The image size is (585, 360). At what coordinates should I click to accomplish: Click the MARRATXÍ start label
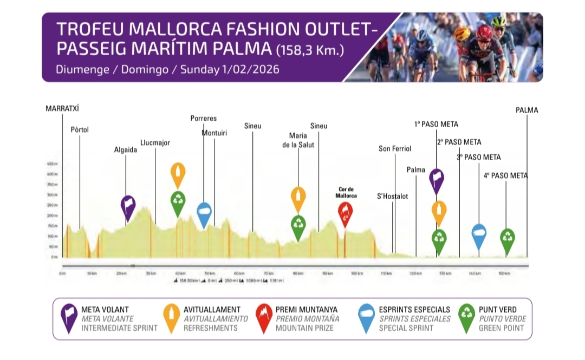point(63,108)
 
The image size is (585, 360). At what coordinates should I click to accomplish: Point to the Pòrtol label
point(80,130)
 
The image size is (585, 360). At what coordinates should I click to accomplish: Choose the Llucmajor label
point(155,143)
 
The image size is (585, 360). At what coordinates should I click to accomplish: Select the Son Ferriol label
point(395,149)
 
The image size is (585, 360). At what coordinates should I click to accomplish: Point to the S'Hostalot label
point(393,196)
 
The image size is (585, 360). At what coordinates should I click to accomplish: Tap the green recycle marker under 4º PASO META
point(508,239)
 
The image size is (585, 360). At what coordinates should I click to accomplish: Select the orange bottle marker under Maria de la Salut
point(298,198)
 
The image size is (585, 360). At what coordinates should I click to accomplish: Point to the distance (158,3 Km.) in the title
point(309,51)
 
